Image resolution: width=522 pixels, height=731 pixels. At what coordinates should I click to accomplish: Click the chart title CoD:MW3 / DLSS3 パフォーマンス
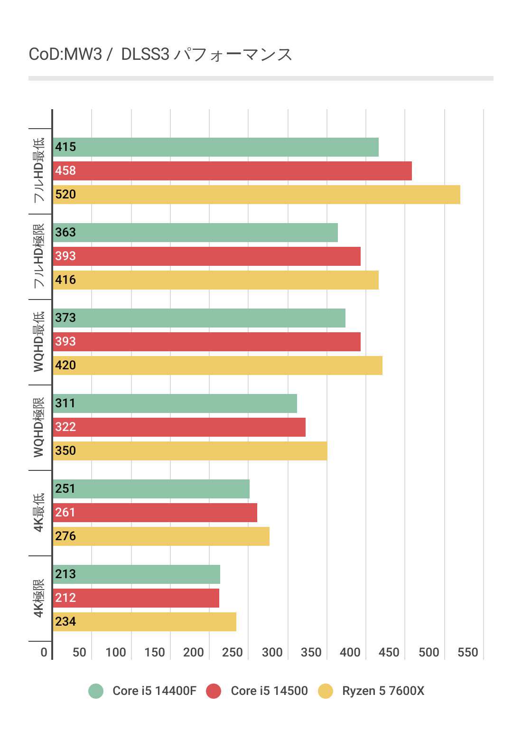click(160, 55)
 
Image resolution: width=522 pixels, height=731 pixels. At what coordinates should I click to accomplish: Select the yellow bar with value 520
click(256, 195)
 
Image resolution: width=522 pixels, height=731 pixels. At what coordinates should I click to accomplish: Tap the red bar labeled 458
click(232, 171)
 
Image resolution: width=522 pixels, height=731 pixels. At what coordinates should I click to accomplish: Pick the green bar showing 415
click(215, 147)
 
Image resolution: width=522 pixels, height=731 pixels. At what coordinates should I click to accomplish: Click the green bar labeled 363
click(195, 233)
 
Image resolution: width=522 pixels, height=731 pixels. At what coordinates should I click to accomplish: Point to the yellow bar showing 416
click(215, 280)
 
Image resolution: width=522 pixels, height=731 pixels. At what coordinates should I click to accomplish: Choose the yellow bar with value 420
click(217, 365)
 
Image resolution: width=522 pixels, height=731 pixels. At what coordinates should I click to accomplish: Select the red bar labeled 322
click(179, 427)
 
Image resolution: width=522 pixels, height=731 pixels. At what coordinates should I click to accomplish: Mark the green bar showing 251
click(151, 489)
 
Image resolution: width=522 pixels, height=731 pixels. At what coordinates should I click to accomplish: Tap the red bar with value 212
click(136, 598)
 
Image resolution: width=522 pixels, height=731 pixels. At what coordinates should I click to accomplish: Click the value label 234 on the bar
click(65, 622)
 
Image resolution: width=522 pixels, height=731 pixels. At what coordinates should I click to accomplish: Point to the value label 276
click(65, 536)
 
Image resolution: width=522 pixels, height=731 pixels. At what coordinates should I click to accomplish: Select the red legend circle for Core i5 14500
click(214, 691)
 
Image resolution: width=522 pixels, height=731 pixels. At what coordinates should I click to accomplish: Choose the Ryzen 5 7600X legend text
click(383, 691)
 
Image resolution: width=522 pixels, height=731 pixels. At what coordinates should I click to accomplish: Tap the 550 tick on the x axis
click(467, 652)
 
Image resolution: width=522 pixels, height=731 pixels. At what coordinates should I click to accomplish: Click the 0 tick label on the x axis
click(44, 652)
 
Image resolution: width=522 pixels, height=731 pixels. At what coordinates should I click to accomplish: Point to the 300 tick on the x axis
click(272, 652)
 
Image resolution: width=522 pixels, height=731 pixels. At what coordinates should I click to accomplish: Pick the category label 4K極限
click(39, 598)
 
